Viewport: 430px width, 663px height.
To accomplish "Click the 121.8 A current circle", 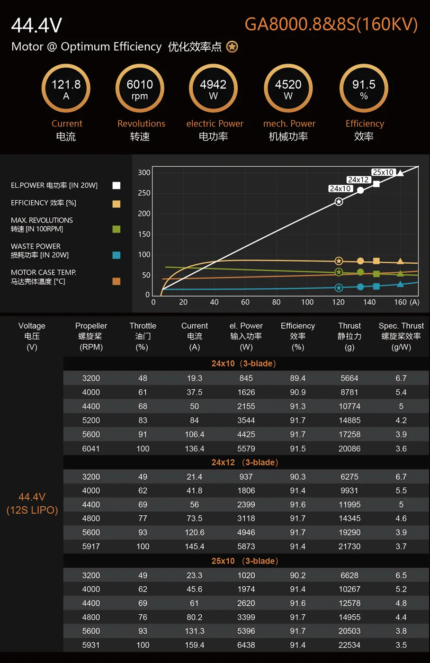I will tap(66, 89).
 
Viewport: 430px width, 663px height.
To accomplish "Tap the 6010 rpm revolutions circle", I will tap(140, 89).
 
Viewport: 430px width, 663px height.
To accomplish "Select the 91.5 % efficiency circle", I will tap(364, 89).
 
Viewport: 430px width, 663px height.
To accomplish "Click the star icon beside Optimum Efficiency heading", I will tap(232, 47).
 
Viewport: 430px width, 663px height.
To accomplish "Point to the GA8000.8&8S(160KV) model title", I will tap(331, 24).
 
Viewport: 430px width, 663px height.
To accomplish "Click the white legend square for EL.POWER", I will tap(116, 186).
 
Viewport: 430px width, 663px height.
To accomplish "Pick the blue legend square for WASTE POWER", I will tap(116, 255).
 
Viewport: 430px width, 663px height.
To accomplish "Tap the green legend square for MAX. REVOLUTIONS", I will tap(116, 229).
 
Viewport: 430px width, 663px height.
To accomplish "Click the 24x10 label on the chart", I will tap(340, 188).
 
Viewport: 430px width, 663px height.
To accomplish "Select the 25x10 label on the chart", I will tap(383, 172).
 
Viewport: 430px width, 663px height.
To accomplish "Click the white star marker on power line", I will tap(339, 202).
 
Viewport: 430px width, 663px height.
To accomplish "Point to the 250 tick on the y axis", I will tap(144, 193).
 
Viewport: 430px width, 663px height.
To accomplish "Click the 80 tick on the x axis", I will tap(276, 302).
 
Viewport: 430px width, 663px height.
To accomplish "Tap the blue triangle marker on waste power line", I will tap(400, 284).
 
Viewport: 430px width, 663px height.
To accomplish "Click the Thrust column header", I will tap(349, 326).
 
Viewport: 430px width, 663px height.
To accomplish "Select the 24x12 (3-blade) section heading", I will tap(245, 462).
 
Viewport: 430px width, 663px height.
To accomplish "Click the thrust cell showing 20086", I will tap(349, 448).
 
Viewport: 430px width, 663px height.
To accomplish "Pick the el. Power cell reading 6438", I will tap(246, 645).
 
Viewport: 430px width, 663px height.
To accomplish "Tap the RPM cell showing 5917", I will tap(91, 547).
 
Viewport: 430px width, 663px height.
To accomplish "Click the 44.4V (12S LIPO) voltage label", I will tap(32, 503).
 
